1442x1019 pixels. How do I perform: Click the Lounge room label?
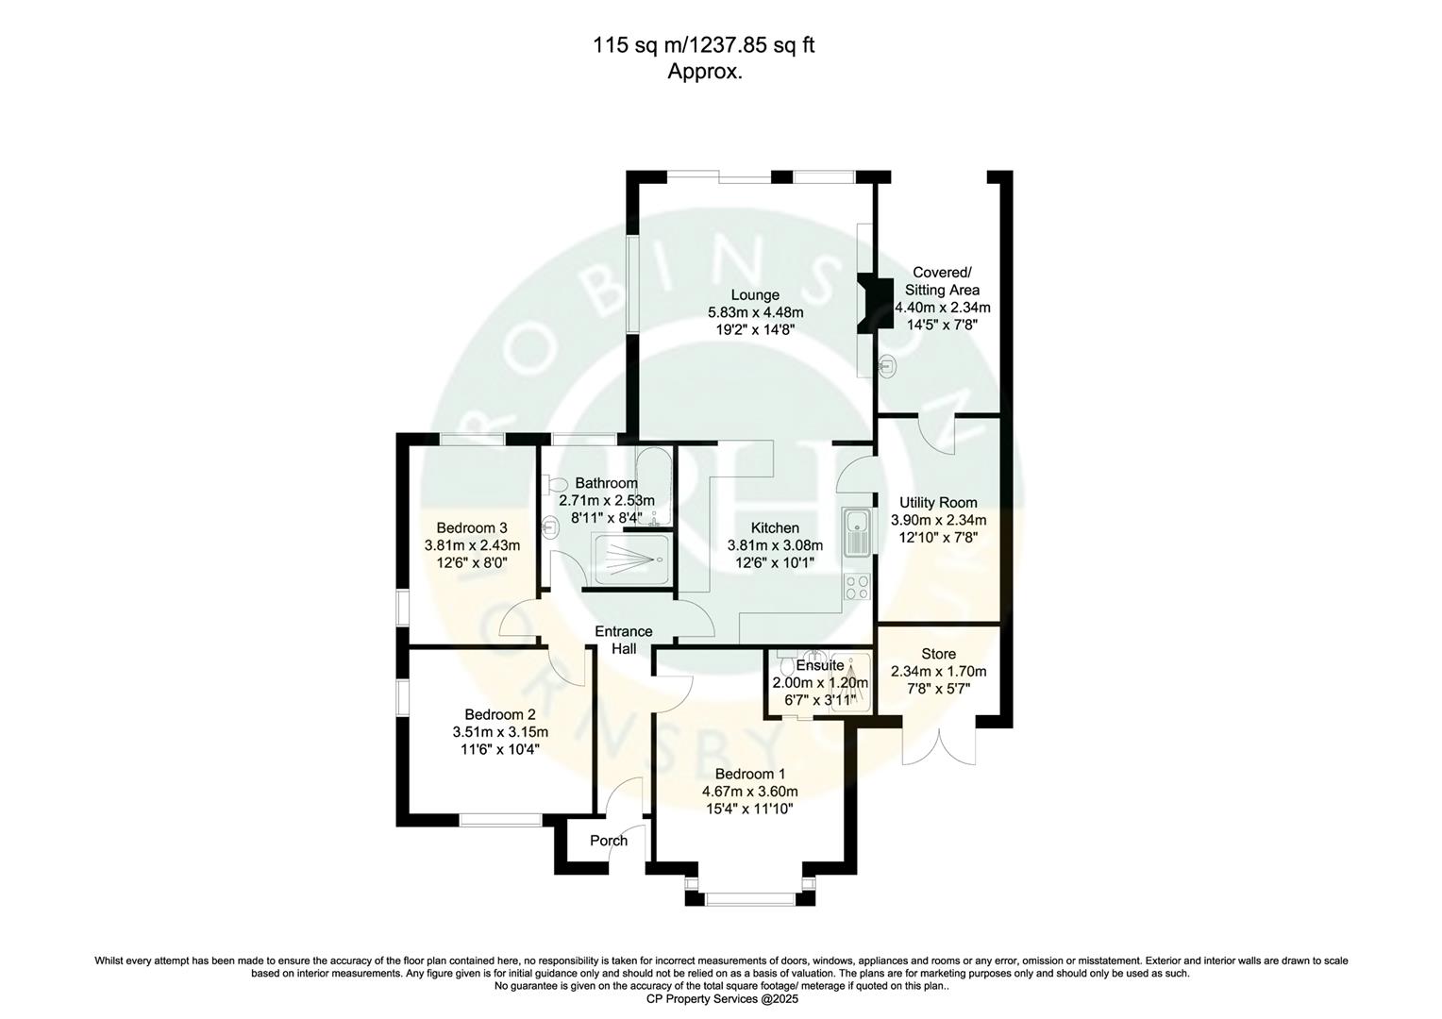[x=755, y=294]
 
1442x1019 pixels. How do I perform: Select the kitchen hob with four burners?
[x=858, y=588]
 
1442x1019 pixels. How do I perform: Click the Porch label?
[x=609, y=841]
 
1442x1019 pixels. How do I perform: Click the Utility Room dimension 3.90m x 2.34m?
[x=938, y=520]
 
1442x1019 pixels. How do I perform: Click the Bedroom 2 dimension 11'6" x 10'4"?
[x=500, y=750]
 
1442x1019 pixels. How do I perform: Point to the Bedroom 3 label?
[x=472, y=527]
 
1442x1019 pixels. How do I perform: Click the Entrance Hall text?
[x=623, y=640]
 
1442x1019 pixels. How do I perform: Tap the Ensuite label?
[x=819, y=665]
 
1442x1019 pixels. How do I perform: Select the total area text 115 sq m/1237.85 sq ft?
[x=703, y=44]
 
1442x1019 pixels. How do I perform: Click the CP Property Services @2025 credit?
[x=721, y=998]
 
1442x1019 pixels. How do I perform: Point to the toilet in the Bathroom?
[x=556, y=484]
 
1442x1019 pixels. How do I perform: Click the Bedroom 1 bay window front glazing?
[x=750, y=899]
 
